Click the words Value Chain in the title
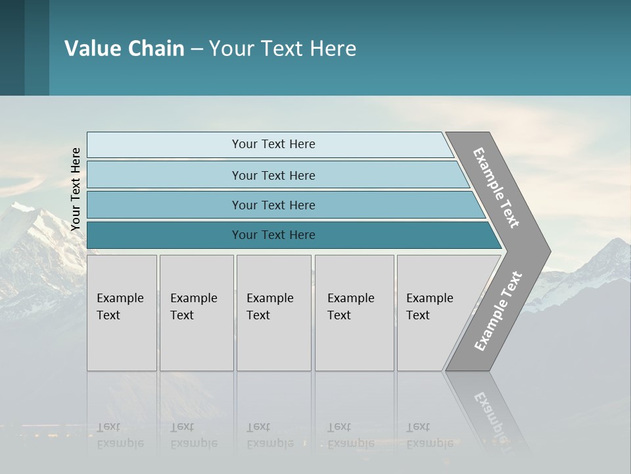point(124,49)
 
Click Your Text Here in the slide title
point(283,49)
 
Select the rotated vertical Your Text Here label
point(76,189)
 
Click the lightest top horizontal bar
point(273,144)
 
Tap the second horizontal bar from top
point(273,175)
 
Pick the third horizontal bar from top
point(273,205)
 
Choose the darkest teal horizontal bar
point(273,235)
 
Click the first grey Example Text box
point(122,313)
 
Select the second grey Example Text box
point(196,313)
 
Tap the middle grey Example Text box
point(273,313)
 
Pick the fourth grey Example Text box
point(354,313)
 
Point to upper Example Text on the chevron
point(496,188)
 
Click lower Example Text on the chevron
point(498,311)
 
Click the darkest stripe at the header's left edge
point(12,47)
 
